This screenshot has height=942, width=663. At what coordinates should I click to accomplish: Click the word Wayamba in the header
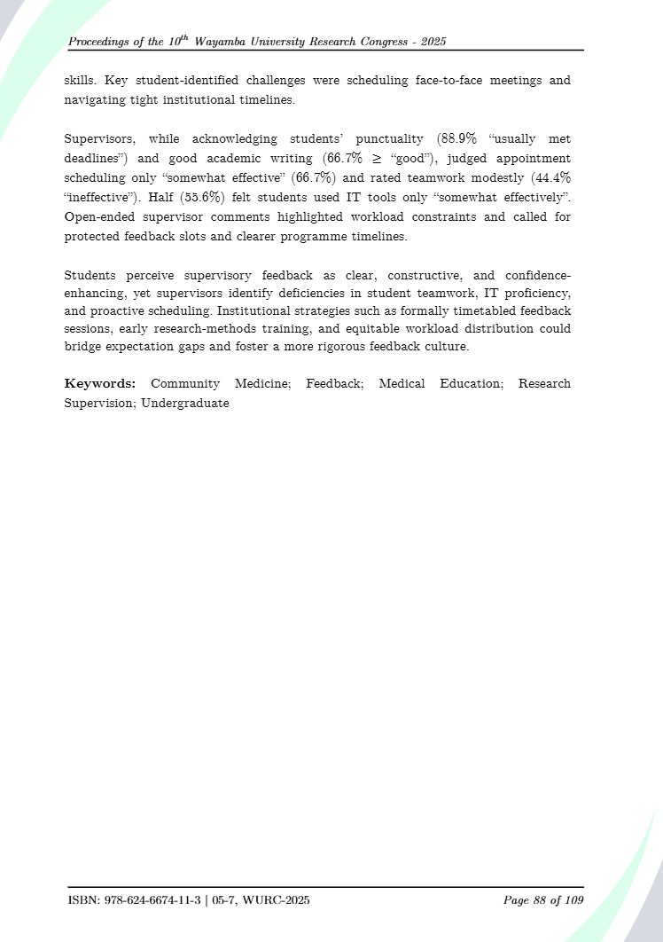(x=235, y=43)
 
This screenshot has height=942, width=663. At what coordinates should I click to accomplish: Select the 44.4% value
(x=550, y=177)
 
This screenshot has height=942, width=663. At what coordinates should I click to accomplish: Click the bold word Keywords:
(x=100, y=384)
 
